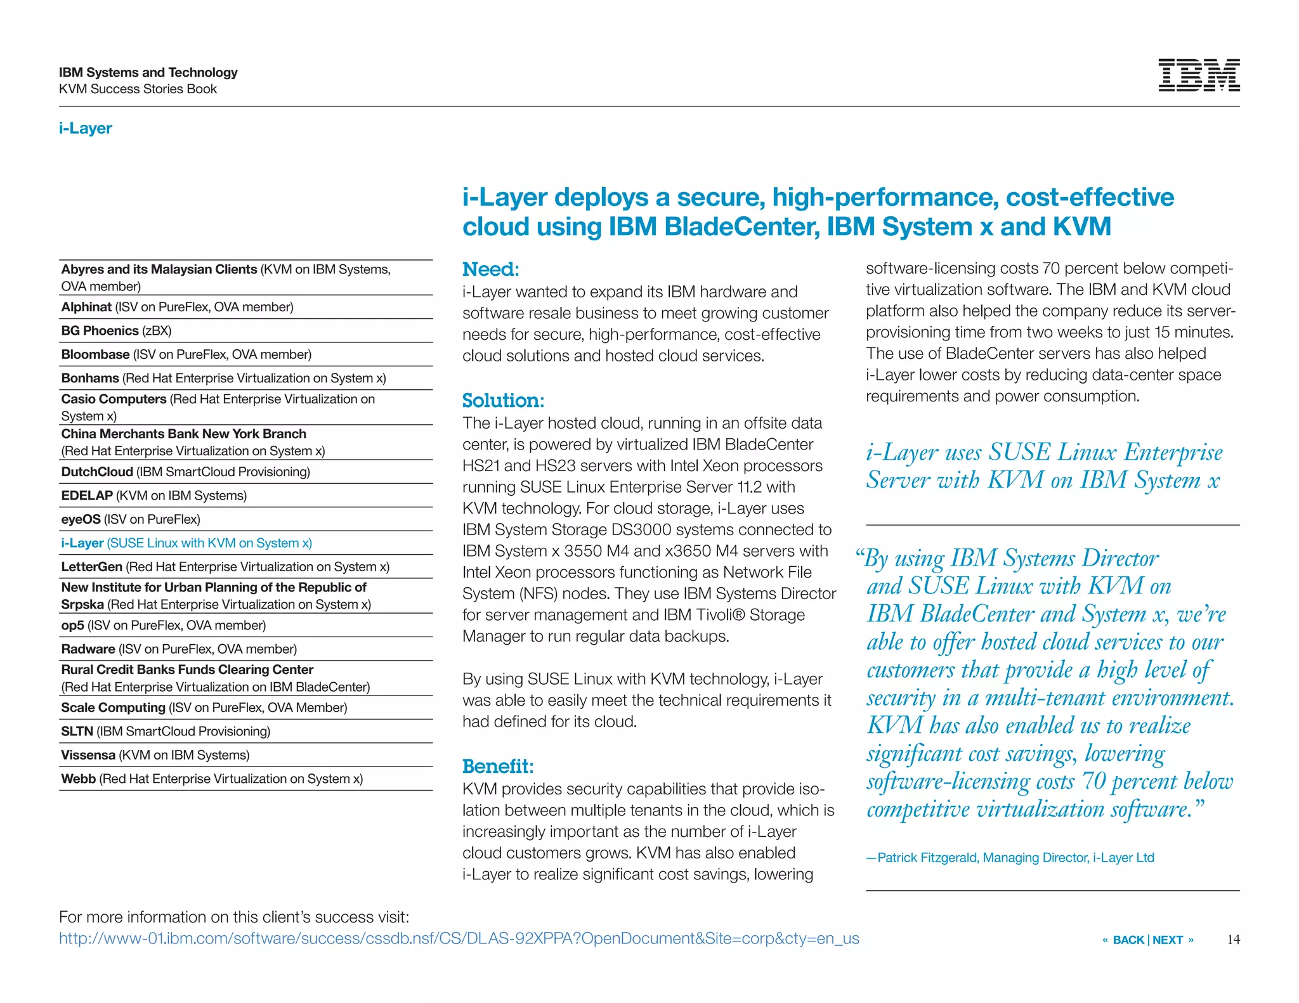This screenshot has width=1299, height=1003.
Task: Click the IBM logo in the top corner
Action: [x=1198, y=76]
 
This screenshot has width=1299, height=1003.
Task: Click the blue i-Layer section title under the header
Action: [x=86, y=128]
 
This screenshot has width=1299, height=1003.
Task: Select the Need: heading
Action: [x=490, y=269]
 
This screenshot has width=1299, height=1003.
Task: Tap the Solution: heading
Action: [x=503, y=401]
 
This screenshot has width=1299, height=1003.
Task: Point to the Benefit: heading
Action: [x=498, y=767]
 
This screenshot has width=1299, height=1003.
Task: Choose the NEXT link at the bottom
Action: [x=1168, y=940]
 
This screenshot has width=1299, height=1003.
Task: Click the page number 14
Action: [x=1233, y=940]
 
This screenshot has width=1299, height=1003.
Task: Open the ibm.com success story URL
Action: [x=459, y=938]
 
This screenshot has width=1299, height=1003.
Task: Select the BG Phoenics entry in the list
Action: [x=116, y=331]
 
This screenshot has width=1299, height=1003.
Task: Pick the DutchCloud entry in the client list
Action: [x=185, y=472]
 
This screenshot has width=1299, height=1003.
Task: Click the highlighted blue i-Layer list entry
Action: [x=186, y=543]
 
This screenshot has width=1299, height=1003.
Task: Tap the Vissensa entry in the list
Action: [x=155, y=755]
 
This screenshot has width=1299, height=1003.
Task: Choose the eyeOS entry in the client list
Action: [x=130, y=519]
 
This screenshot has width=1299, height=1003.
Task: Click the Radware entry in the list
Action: [x=178, y=649]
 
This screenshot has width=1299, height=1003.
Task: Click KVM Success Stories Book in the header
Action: [x=138, y=89]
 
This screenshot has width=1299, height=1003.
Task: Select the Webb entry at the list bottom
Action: [x=211, y=779]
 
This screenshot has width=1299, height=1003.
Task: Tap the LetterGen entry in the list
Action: [x=225, y=567]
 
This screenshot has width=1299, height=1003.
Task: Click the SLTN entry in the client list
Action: [x=165, y=731]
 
